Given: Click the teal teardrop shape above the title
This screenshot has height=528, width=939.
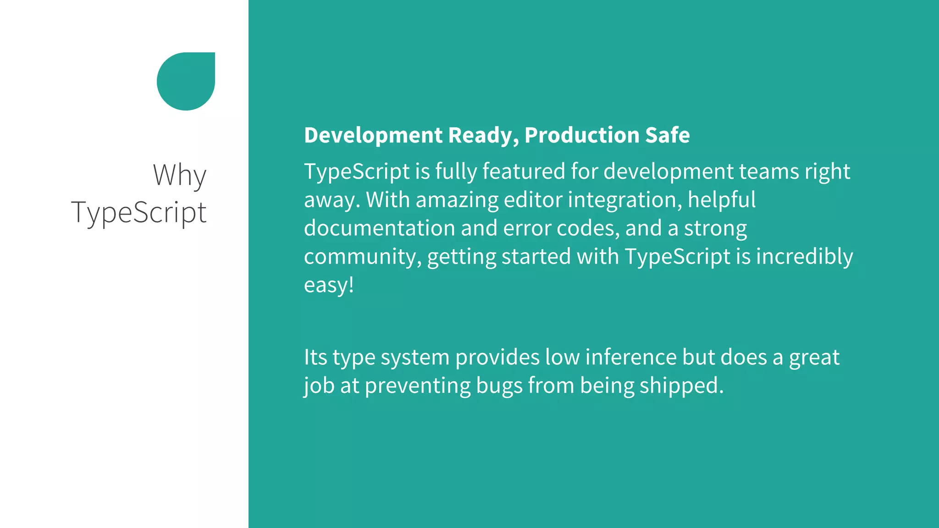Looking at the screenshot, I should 186,81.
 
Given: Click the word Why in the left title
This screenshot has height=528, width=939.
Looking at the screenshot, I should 180,175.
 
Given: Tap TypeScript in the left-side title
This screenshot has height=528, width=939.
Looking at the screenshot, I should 139,213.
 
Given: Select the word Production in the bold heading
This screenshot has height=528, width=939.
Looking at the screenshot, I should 582,135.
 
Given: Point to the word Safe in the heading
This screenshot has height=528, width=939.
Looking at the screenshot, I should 667,135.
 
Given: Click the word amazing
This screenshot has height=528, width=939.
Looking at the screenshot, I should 457,200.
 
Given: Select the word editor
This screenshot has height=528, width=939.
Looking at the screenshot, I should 533,200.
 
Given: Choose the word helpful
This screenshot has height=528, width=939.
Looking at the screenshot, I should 722,200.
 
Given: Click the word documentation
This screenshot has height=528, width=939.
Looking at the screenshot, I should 379,228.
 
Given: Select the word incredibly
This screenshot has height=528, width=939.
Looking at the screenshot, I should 804,256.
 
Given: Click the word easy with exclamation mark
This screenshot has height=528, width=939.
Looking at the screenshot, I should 329,285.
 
